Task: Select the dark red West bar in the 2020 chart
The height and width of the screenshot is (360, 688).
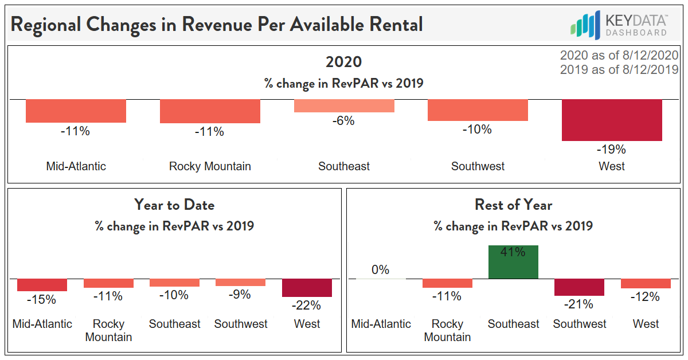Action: tap(612, 120)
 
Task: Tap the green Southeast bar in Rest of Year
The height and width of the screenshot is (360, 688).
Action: tap(513, 262)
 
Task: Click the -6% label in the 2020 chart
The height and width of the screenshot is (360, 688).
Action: tap(344, 121)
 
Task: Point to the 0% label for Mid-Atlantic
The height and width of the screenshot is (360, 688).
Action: tap(380, 269)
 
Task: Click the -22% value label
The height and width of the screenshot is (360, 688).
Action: tap(307, 305)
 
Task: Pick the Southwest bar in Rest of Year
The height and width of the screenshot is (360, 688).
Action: tap(579, 287)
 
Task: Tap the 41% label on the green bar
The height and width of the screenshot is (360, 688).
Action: tap(513, 252)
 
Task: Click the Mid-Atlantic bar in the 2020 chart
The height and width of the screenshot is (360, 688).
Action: tap(76, 111)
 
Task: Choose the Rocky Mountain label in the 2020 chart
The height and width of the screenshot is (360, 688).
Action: tap(210, 166)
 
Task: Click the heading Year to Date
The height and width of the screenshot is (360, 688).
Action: tap(174, 205)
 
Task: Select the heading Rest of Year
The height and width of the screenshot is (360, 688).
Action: tap(513, 205)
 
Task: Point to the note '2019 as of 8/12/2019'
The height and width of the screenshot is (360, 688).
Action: tap(619, 69)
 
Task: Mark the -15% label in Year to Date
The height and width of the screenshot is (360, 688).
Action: tap(42, 299)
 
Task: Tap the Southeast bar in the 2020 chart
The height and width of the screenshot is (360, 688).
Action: tap(344, 106)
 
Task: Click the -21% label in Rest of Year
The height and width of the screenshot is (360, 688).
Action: tap(579, 304)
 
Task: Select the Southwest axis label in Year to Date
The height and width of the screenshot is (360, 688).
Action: tap(241, 324)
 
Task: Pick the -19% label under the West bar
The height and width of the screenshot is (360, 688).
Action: tap(612, 150)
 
